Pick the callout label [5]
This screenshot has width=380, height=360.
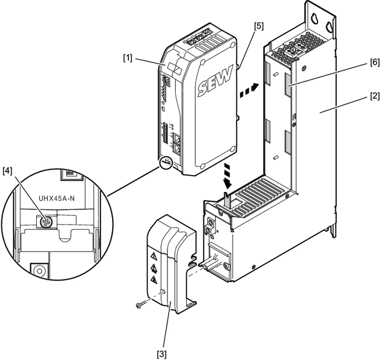coord(260,27)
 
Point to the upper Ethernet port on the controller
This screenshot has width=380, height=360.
coord(182,141)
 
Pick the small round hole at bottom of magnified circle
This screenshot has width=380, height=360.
coord(39,271)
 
